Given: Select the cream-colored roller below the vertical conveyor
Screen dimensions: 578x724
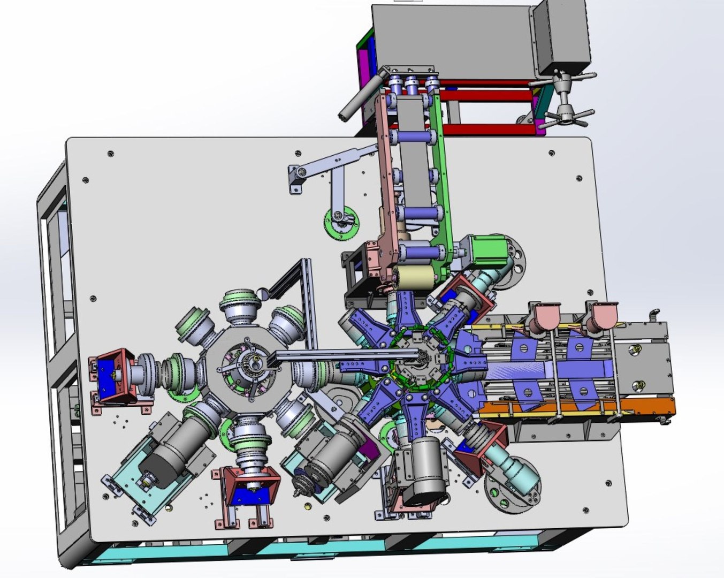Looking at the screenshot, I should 415,277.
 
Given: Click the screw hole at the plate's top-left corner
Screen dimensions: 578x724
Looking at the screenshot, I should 110,154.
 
